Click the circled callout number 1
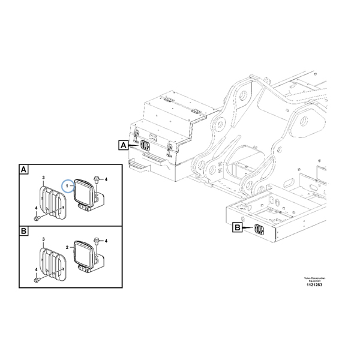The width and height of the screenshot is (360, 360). click(x=68, y=187)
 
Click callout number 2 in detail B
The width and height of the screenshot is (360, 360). click(x=67, y=247)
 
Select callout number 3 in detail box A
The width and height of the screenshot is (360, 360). click(x=43, y=178)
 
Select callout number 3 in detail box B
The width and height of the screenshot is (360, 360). click(x=43, y=239)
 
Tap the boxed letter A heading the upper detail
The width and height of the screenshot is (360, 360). click(x=23, y=170)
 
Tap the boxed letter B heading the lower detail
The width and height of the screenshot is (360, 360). click(x=23, y=231)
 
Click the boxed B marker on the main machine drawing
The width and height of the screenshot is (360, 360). click(x=237, y=227)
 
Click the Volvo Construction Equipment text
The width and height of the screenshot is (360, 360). click(x=313, y=280)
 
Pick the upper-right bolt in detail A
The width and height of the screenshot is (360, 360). click(x=97, y=179)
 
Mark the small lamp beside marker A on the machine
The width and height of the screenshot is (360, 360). click(x=146, y=145)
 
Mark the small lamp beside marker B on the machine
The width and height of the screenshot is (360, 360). click(x=259, y=229)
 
